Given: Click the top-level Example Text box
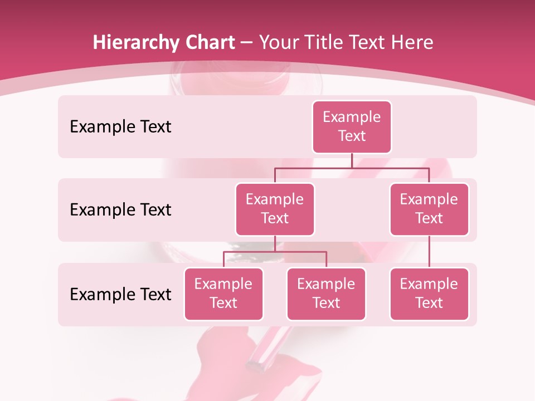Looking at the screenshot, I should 352,126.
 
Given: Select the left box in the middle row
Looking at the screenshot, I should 275,209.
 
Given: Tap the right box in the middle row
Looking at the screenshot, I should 429,209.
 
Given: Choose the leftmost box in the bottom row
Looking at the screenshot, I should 223,294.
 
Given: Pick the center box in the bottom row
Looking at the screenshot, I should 326,294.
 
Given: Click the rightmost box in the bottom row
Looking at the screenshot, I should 429,294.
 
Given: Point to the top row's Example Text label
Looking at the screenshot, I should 120,127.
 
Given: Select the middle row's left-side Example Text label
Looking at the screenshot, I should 120,210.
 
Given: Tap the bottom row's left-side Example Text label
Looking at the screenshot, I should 120,295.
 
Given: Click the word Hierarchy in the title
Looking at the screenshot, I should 133,43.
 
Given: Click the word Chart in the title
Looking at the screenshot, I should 207,42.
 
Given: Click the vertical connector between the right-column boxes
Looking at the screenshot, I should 429,252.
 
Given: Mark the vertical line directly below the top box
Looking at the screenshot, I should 352,160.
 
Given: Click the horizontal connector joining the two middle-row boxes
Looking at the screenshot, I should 352,168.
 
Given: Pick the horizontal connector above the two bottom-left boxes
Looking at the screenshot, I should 275,252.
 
